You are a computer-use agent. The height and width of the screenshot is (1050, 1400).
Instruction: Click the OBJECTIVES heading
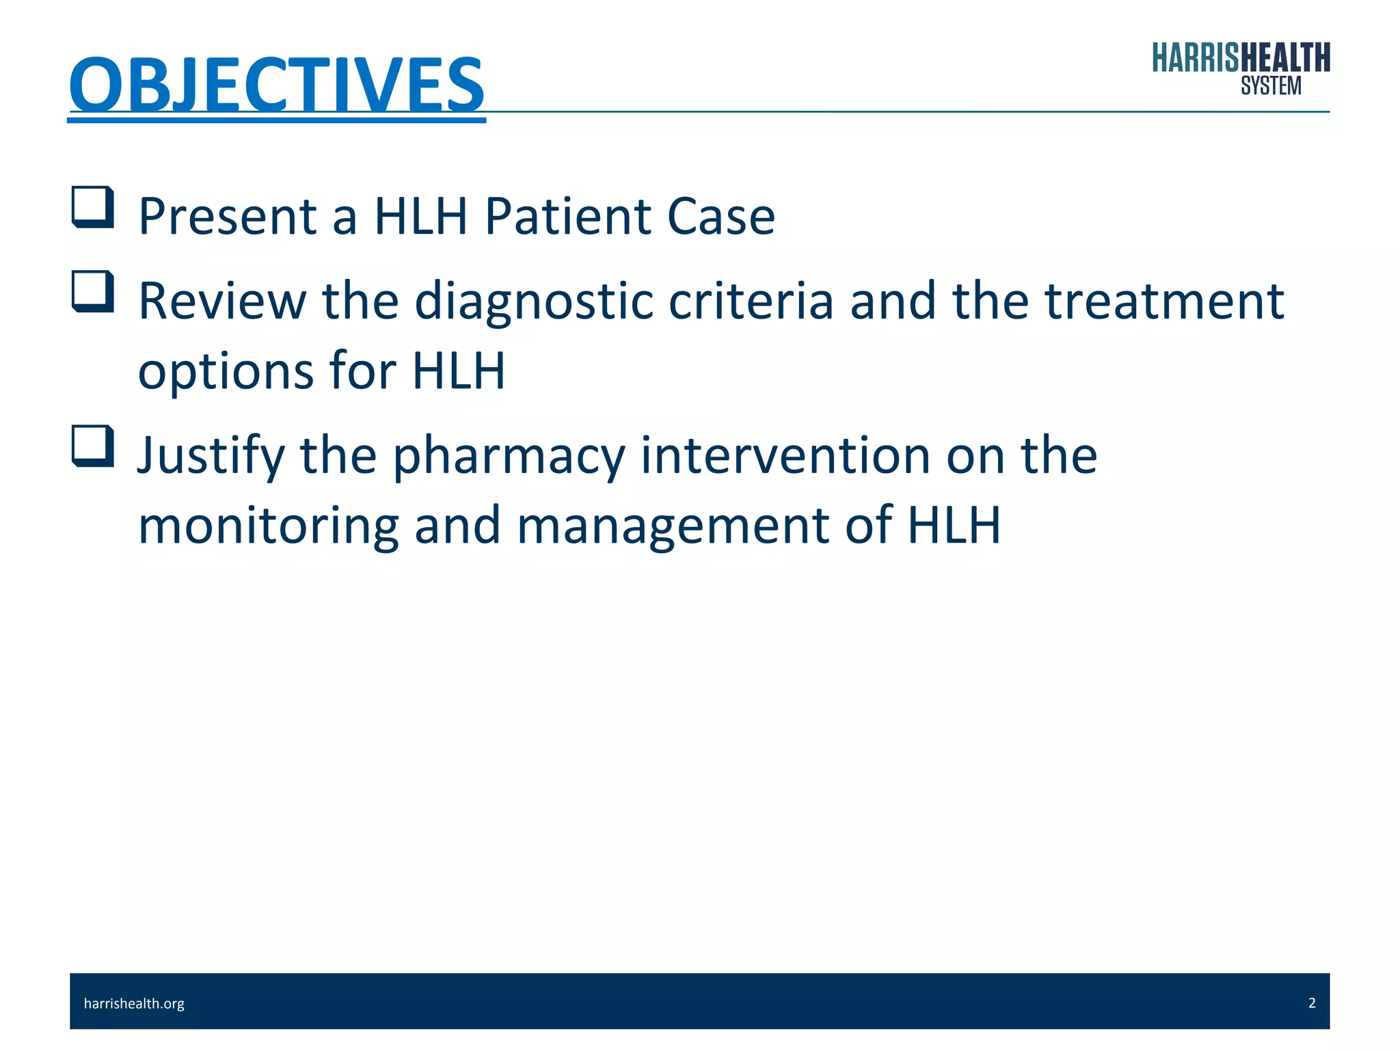click(x=277, y=85)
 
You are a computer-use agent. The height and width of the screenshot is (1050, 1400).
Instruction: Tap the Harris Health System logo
click(x=1240, y=67)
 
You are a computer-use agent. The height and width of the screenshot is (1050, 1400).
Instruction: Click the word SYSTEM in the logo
click(x=1271, y=86)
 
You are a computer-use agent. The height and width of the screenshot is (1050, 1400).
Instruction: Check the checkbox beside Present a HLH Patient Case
click(x=93, y=206)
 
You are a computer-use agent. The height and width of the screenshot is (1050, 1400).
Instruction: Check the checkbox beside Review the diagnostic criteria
click(x=93, y=291)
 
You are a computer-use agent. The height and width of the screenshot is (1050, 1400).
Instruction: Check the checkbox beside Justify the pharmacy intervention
click(x=93, y=446)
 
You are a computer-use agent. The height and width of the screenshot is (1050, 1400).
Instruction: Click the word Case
click(x=721, y=217)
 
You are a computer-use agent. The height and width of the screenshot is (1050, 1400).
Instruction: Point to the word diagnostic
click(x=534, y=301)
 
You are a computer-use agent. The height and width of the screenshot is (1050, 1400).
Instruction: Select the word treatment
click(x=1165, y=301)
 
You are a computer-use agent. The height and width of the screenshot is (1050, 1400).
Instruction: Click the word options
click(x=226, y=371)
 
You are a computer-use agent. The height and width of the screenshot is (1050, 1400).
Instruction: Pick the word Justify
click(x=211, y=456)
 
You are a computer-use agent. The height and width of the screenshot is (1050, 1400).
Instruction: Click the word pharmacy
click(x=509, y=456)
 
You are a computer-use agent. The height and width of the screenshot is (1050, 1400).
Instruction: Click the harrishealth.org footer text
click(x=134, y=1004)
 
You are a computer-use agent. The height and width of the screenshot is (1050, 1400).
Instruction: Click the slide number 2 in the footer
click(x=1312, y=1003)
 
